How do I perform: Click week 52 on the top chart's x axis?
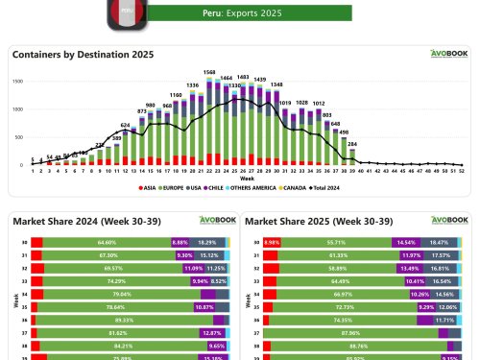pos(463,174)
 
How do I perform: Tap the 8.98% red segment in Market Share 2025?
pos(271,243)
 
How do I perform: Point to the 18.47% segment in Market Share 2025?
pos(437,243)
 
